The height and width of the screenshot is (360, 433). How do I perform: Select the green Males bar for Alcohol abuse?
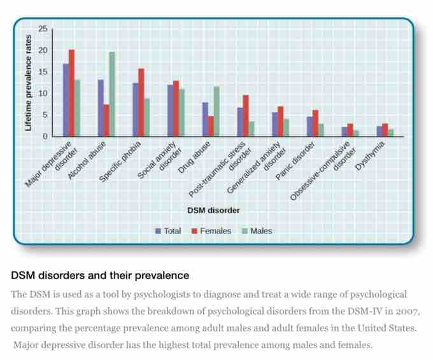pos(112,94)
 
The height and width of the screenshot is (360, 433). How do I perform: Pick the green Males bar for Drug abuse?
pos(216,111)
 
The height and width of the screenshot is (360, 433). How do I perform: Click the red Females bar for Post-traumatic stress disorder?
pos(245,116)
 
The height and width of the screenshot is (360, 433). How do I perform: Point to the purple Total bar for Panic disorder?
pos(309,126)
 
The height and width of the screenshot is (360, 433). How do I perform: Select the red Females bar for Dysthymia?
pos(385,130)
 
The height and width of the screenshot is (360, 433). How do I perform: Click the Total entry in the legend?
pos(169,231)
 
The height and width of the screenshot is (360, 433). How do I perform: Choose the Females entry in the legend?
pos(211,231)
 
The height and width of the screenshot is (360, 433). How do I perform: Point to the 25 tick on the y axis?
pos(43,29)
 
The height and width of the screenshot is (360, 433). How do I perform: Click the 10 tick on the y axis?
pos(43,93)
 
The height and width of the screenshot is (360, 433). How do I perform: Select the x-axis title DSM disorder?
pos(213,210)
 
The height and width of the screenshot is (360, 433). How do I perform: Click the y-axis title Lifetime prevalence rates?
pos(28,83)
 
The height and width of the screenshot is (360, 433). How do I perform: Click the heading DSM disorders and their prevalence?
pos(100,276)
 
